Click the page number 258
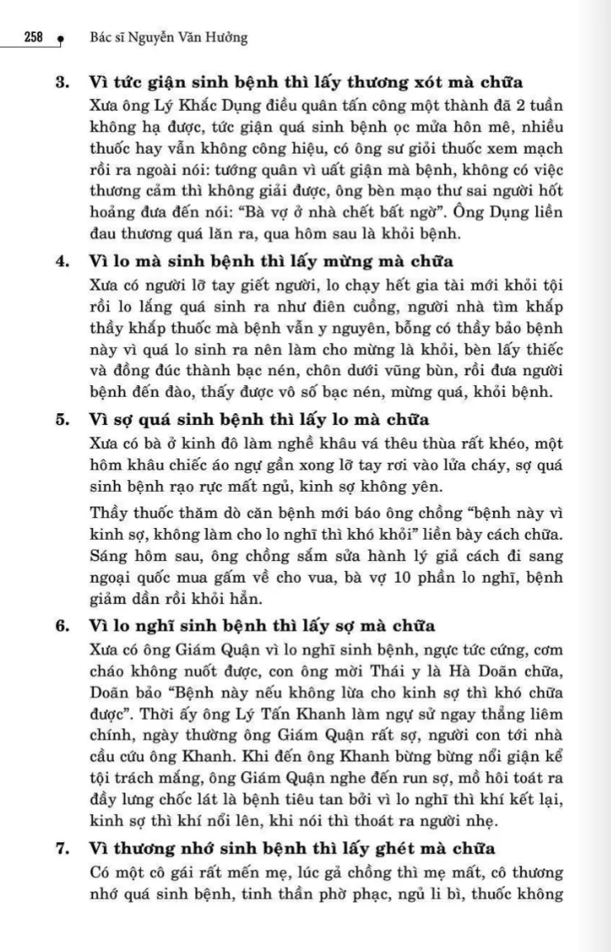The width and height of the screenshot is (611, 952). click(34, 38)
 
